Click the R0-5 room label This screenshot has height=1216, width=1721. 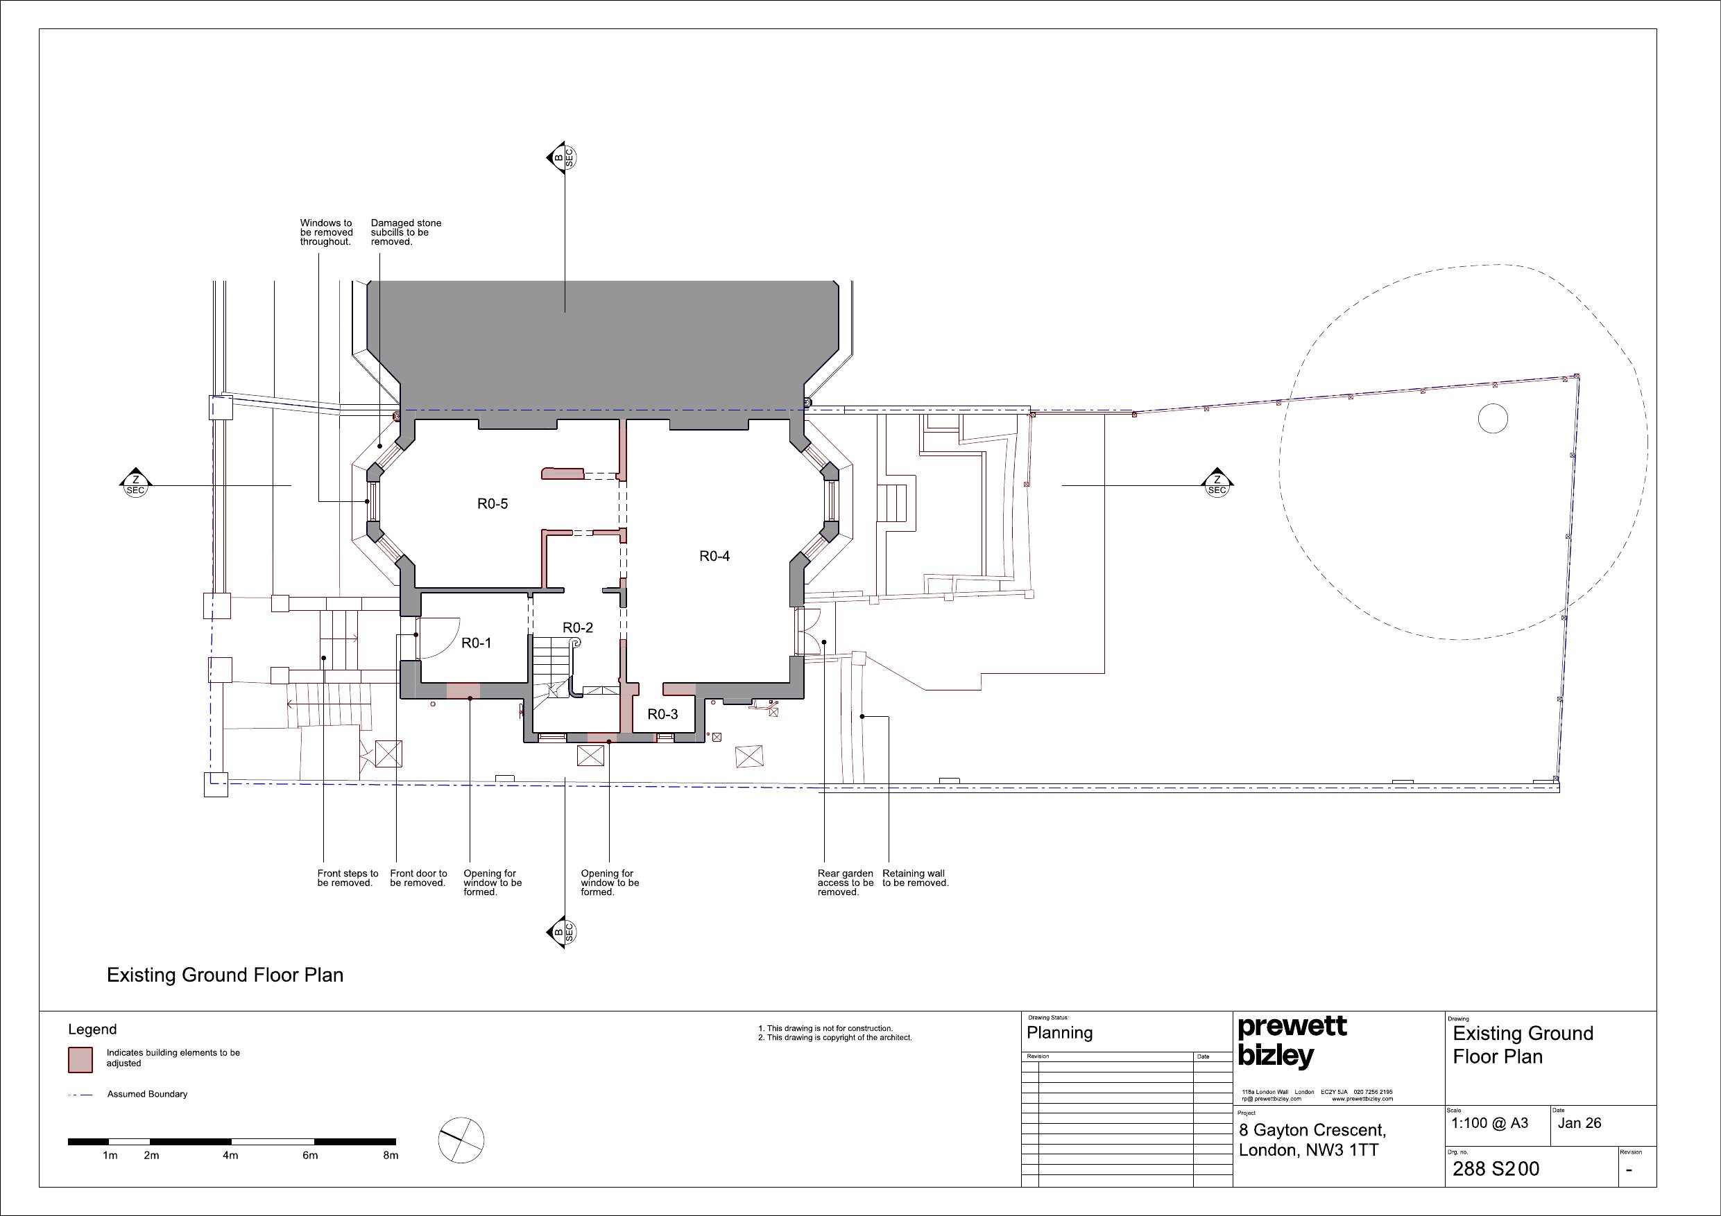tap(493, 504)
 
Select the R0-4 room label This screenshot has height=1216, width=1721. tap(714, 556)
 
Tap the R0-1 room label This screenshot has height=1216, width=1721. tap(476, 643)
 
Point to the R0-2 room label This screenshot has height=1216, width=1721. tap(578, 628)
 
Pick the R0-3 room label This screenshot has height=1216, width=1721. tap(662, 715)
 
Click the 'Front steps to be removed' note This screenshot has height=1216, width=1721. tap(348, 878)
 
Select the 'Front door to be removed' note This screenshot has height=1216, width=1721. tap(418, 878)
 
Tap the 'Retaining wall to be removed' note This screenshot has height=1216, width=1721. tap(915, 878)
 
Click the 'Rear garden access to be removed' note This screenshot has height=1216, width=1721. tap(846, 883)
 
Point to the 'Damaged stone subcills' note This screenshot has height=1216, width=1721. tap(406, 232)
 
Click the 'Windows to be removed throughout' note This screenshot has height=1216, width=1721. tap(326, 232)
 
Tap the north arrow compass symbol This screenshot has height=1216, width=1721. tap(461, 1140)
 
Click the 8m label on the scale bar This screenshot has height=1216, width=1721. tap(391, 1155)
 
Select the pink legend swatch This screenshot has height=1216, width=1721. tap(80, 1059)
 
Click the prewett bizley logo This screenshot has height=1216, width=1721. tap(1292, 1041)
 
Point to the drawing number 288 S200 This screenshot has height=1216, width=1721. tap(1496, 1169)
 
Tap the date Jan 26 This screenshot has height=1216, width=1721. tap(1579, 1123)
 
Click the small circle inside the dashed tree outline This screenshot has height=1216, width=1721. tap(1492, 419)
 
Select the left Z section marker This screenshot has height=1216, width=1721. tap(136, 483)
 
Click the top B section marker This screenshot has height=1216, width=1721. tap(562, 157)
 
